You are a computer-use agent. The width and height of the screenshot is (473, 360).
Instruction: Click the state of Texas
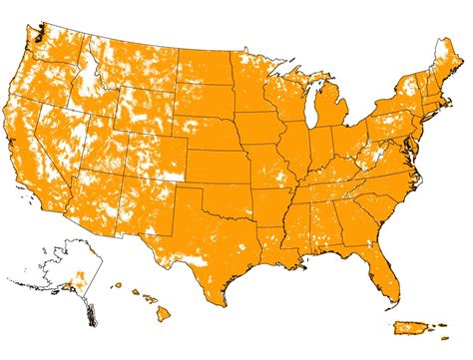pyautogui.click(x=224, y=234)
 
